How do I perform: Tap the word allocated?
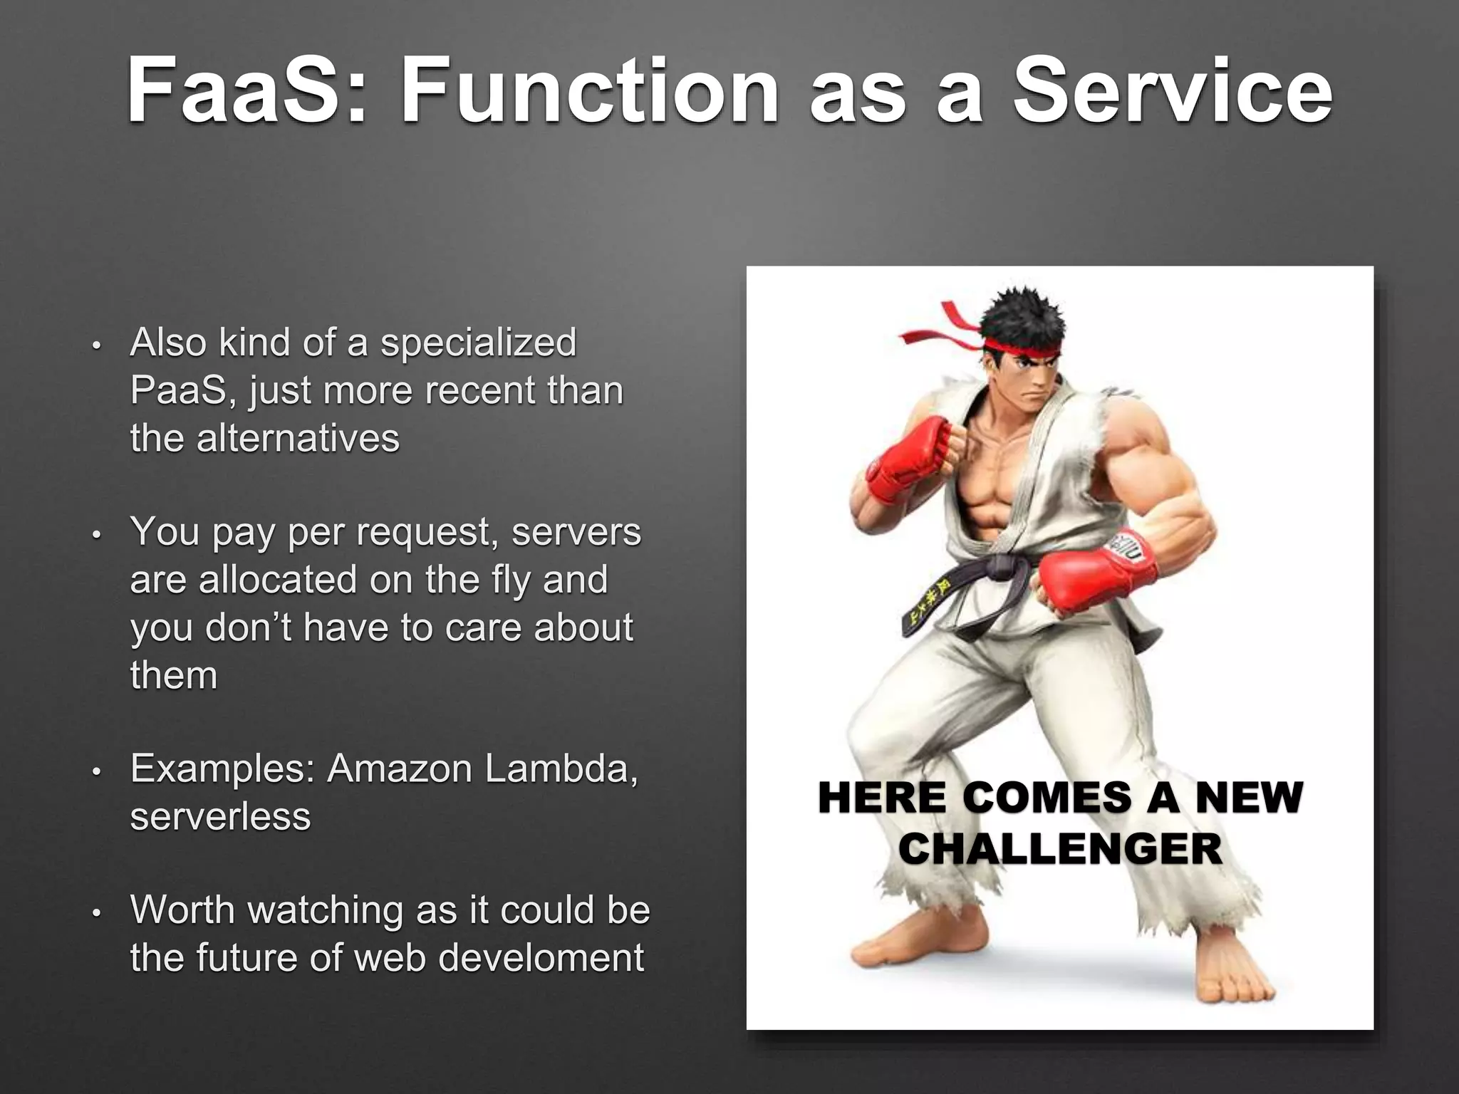(x=278, y=580)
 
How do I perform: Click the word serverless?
(x=221, y=816)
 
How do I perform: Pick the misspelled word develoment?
(x=541, y=957)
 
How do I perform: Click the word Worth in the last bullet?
(x=182, y=910)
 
